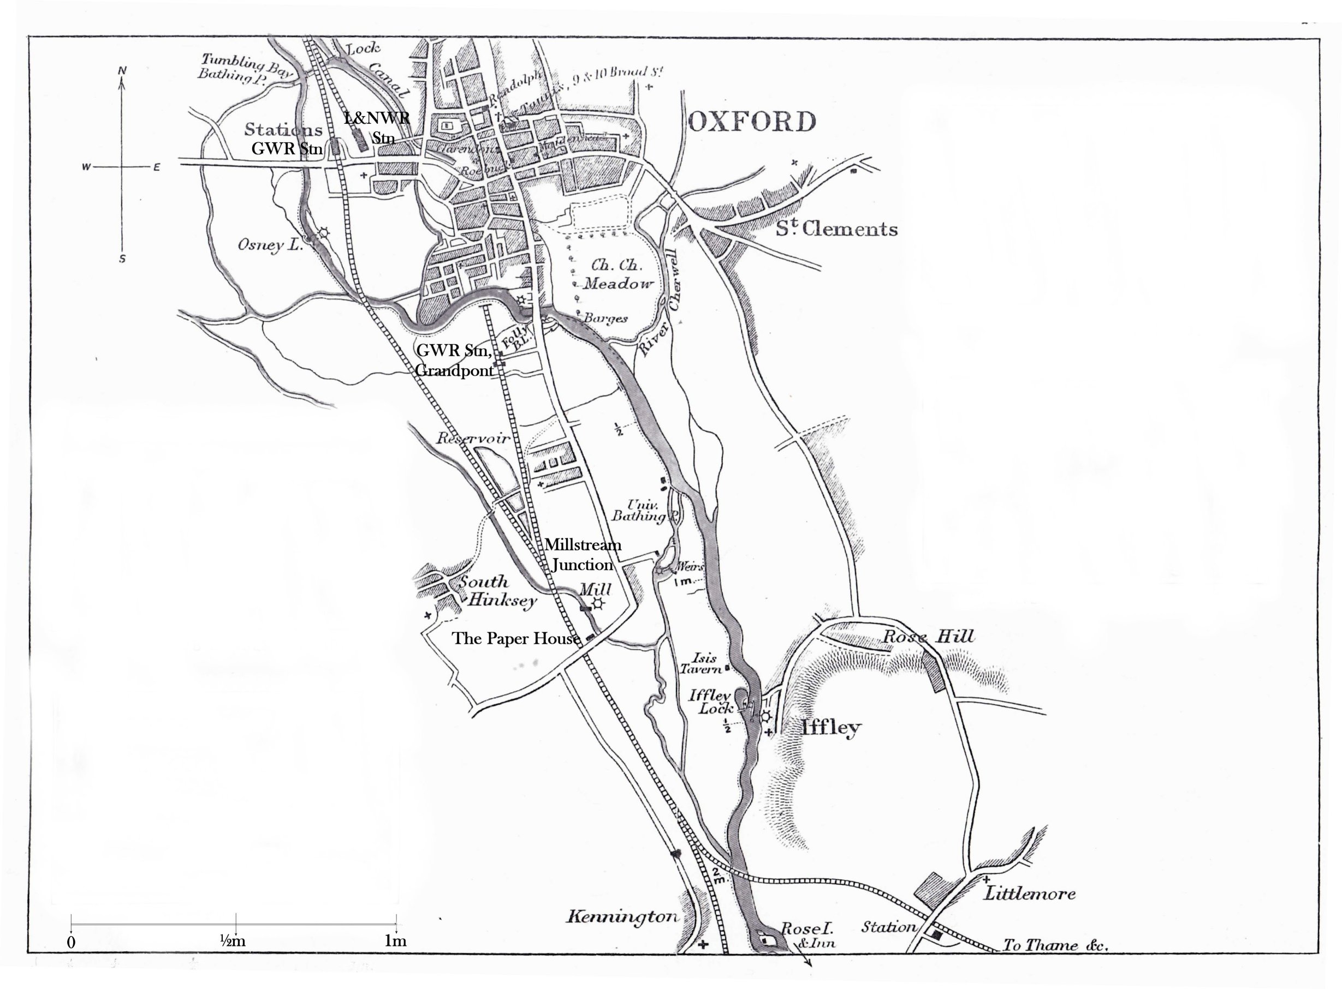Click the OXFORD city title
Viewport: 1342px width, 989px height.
coord(751,122)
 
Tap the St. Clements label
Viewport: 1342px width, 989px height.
coord(836,229)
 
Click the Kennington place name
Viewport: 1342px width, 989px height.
coord(622,916)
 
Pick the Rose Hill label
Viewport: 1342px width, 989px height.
coord(929,637)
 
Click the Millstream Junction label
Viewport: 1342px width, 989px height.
coord(583,555)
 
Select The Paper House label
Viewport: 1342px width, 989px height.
coord(516,639)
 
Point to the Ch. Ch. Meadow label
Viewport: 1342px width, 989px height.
coord(617,274)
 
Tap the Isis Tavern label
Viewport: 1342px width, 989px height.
coord(702,663)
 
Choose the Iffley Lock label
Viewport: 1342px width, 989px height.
coord(712,702)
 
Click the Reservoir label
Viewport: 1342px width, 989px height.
coord(473,438)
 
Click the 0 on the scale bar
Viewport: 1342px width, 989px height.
coord(72,942)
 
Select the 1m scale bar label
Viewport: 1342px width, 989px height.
coord(395,940)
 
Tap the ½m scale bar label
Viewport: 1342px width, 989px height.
coord(233,940)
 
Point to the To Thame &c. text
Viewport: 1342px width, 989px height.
coord(1055,945)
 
